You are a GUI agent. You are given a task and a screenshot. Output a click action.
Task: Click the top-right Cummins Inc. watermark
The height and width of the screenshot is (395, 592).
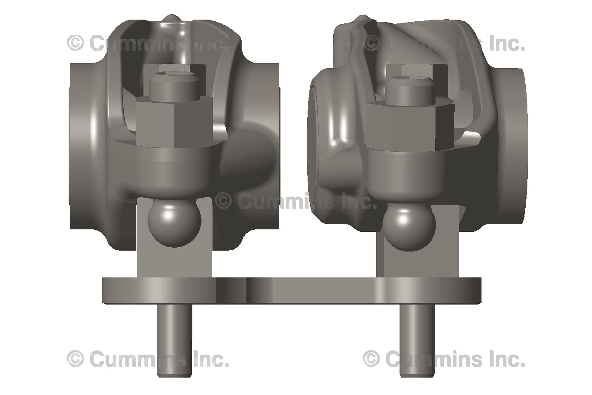[444, 43]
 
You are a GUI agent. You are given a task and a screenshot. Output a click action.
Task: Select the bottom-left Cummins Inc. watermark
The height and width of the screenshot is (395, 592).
[148, 359]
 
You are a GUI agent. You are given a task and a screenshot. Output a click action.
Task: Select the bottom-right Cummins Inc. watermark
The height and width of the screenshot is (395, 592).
[444, 359]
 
